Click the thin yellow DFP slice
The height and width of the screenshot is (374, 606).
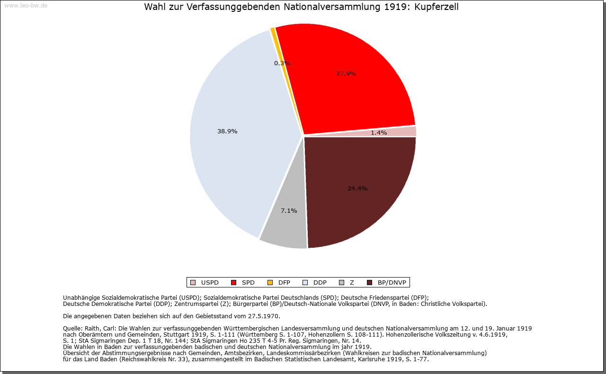(x=273, y=31)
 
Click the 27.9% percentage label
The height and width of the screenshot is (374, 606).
(x=346, y=74)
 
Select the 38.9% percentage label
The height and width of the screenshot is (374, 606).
(x=227, y=131)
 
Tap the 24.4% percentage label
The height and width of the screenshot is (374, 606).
(x=357, y=189)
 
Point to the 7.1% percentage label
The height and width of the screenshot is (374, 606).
(x=289, y=211)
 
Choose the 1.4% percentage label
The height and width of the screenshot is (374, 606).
(x=379, y=133)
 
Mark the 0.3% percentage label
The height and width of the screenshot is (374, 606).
(x=282, y=63)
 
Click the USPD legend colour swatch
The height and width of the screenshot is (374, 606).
(x=193, y=283)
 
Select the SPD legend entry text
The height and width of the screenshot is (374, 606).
(x=248, y=283)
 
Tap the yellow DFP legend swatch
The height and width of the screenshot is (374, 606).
(x=270, y=283)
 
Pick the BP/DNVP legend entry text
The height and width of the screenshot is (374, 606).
(x=392, y=283)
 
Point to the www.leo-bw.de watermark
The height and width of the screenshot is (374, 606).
(x=25, y=6)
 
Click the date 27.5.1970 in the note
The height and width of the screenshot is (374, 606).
(x=263, y=316)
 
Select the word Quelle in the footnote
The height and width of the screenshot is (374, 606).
(x=73, y=328)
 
